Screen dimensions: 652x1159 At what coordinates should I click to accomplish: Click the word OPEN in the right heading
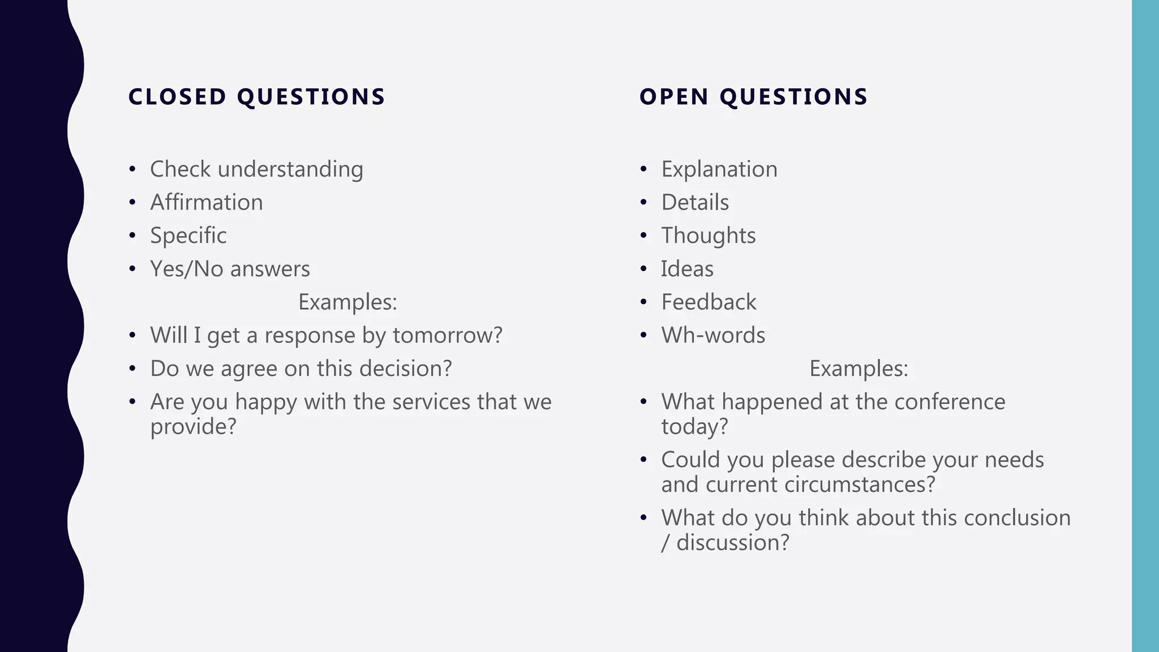(673, 97)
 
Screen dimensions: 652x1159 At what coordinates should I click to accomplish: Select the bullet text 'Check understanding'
(256, 169)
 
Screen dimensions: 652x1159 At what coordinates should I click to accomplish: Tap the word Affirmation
(206, 203)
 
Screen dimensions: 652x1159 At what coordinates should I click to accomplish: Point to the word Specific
(188, 235)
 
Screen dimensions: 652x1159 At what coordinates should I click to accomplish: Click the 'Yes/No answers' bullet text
(230, 269)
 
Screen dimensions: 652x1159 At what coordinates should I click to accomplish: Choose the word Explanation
(719, 169)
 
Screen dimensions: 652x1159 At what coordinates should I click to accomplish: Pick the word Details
(695, 203)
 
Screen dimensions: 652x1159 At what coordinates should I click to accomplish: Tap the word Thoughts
(708, 235)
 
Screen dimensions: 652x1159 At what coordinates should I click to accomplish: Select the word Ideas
(687, 269)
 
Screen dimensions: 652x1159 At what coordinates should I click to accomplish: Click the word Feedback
(709, 302)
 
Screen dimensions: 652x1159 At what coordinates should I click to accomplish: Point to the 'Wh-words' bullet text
(713, 335)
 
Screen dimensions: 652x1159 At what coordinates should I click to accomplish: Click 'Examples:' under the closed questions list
(347, 302)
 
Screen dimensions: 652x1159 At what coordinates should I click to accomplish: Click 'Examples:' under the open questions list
(858, 368)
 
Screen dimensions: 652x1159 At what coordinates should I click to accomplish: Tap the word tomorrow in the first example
(447, 335)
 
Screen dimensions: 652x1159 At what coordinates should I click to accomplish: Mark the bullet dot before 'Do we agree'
(132, 369)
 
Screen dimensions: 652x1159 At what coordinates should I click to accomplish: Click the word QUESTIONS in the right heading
(793, 97)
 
